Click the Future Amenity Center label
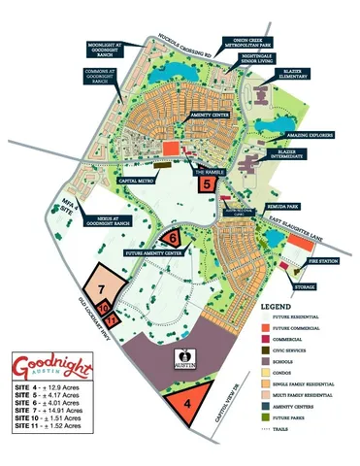point(154,252)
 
